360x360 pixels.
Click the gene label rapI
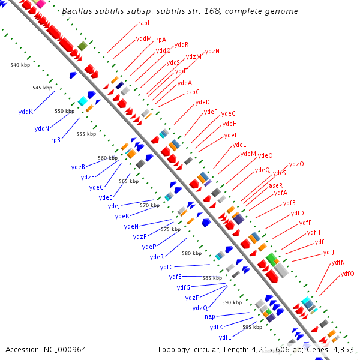[143, 23]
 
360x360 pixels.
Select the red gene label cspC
[193, 92]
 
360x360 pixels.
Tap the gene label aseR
[275, 185]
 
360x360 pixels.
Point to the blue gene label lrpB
[55, 139]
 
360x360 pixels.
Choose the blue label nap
[209, 316]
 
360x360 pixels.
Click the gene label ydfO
[347, 274]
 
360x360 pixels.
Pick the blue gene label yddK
[25, 112]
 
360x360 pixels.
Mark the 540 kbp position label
[20, 64]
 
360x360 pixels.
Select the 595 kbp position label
[253, 327]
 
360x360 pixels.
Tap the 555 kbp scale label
[86, 134]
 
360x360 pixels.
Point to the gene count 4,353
[343, 349]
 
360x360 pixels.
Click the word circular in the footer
[214, 349]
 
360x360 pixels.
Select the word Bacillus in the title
[79, 11]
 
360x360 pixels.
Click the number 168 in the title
[228, 11]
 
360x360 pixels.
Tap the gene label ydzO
[296, 164]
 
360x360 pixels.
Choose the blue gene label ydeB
[78, 167]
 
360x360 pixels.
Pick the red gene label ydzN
[212, 51]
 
